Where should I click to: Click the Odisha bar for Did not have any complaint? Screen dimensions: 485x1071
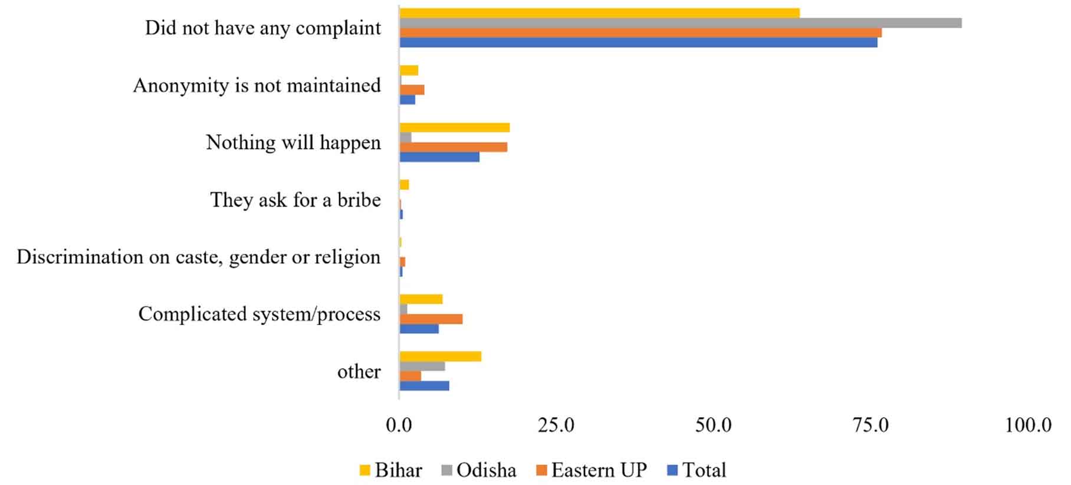coord(681,23)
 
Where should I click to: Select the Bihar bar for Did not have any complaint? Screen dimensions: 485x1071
coord(599,13)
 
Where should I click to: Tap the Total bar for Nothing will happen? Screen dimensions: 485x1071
coord(439,157)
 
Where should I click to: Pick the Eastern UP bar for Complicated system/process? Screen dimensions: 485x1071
coord(431,319)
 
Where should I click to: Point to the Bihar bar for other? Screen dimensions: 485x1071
coord(441,356)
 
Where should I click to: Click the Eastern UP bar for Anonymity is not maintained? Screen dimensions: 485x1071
coord(412,90)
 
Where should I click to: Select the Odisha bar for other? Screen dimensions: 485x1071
coord(422,366)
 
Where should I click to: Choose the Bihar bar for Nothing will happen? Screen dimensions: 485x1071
coord(455,127)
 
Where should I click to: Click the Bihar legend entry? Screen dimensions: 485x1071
coord(390,470)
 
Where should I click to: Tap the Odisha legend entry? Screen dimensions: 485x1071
coord(478,470)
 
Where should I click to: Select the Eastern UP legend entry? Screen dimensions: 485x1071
coord(591,470)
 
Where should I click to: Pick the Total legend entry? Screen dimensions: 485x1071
coord(697,470)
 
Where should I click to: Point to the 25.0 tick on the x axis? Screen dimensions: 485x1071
coord(556,425)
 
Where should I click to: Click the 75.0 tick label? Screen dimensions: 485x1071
coord(870,425)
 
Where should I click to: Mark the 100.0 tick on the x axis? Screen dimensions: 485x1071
coord(1028,425)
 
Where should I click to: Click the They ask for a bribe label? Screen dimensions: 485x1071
coord(295,200)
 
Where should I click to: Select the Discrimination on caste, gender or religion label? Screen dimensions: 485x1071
coord(199,257)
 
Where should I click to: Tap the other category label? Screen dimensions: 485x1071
coord(359,372)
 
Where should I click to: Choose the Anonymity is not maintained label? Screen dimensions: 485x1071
coord(257,86)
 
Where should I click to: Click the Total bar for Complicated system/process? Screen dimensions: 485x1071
coord(419,329)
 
